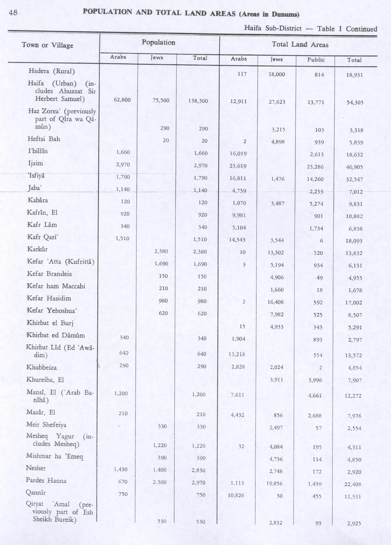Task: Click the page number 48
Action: point(13,13)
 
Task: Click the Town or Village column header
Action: point(47,45)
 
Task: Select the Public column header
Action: point(316,60)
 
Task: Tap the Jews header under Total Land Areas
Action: point(276,59)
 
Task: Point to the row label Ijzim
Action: point(35,163)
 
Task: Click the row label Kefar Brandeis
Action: point(49,274)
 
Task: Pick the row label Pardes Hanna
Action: point(46,481)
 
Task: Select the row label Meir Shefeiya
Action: point(46,425)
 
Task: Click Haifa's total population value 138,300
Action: point(198,101)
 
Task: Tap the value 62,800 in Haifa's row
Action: point(122,100)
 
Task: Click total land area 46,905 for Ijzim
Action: point(354,167)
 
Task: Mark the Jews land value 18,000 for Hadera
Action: point(277,74)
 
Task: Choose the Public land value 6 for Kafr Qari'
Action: point(321,241)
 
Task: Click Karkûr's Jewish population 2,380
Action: point(161,251)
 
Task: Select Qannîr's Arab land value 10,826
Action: point(236,495)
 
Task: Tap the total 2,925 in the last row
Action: point(354,524)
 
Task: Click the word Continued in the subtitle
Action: point(362,29)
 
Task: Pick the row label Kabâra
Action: point(38,200)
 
